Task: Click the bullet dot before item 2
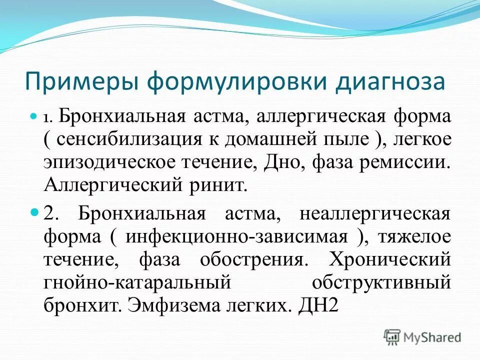point(34,212)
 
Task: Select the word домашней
point(269,139)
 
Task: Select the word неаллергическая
point(375,214)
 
